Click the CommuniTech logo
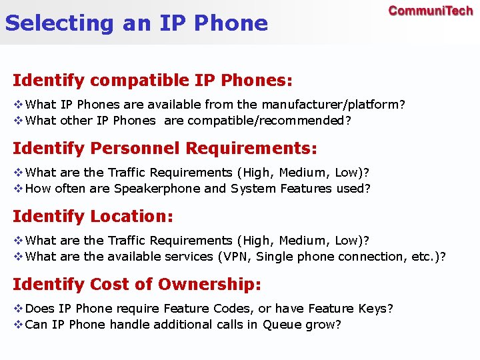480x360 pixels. (431, 11)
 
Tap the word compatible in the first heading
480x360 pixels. (139, 81)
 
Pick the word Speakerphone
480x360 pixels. (157, 189)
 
